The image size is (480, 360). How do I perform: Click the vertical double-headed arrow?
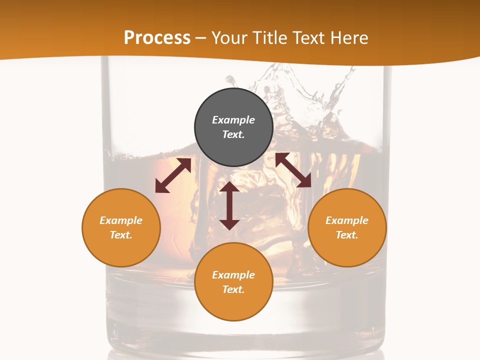[229, 205]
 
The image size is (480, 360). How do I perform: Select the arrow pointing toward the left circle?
[173, 175]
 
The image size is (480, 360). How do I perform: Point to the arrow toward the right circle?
[293, 170]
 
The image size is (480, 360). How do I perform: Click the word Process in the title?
[157, 37]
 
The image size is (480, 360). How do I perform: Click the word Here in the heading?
[349, 37]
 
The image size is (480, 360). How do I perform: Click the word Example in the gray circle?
[233, 120]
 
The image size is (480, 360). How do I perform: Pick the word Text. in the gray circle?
[233, 134]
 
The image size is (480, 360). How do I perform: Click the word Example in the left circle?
[121, 220]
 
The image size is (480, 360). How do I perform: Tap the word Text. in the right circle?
[347, 235]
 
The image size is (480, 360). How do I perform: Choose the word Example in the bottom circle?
[233, 275]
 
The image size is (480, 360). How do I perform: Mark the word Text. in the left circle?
[121, 235]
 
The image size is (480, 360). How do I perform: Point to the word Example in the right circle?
[347, 220]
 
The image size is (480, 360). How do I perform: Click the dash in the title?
[201, 38]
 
